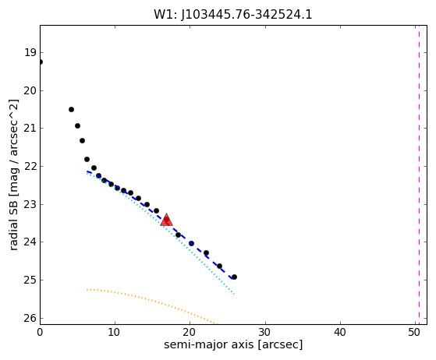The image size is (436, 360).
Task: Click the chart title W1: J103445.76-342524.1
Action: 233,14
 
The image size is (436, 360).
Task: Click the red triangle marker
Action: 167,220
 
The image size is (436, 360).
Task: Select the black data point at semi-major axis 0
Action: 40,62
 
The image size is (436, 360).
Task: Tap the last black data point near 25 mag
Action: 234,277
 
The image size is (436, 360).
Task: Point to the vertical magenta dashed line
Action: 419,175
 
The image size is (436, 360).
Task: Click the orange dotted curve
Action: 151,301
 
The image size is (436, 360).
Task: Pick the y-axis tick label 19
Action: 30,52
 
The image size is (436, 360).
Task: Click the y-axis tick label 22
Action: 30,167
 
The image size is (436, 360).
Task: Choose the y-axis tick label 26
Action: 30,318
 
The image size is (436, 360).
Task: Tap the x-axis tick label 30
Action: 265,332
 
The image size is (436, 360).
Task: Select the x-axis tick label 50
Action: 415,332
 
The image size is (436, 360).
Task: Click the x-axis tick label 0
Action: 40,332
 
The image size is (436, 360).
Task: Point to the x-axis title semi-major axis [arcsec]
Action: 233,344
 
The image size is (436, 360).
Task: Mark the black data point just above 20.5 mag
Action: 71,109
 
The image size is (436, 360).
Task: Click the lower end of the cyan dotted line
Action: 234,294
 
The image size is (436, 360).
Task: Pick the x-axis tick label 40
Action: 340,332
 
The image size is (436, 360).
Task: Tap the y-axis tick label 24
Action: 30,242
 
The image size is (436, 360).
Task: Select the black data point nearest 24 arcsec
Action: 219,266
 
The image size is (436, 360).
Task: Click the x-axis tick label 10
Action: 114,332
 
